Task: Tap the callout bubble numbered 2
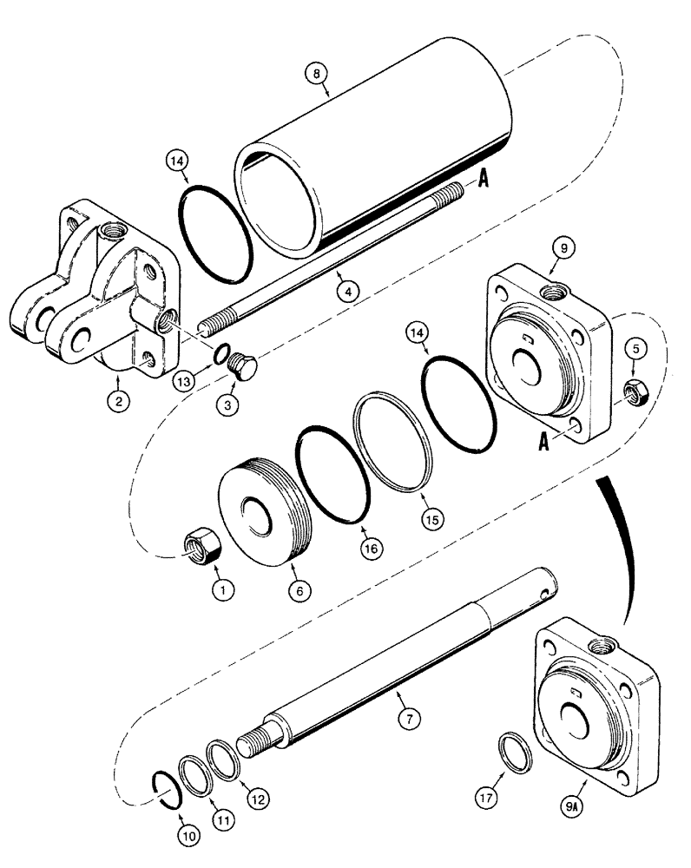click(x=115, y=400)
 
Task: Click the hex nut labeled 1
click(x=203, y=549)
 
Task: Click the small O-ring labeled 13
click(x=222, y=356)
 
